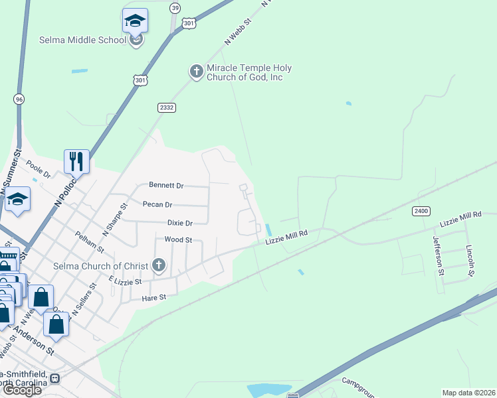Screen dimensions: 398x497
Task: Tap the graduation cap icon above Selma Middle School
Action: tap(136, 21)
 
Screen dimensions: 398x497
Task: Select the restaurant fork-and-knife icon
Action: tap(76, 161)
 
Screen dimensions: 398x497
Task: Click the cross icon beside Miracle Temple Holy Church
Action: tap(196, 71)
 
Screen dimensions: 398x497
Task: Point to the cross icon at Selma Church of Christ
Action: tap(158, 266)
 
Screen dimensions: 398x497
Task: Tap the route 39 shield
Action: tap(175, 7)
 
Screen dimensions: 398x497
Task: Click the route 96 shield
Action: tap(19, 99)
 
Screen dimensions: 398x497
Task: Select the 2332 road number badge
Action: tap(166, 107)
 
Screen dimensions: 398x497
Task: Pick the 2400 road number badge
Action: tap(421, 211)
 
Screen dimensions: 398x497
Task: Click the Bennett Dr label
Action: tap(166, 185)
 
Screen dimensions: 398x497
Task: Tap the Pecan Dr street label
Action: tap(158, 204)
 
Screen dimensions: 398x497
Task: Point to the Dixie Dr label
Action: tap(179, 224)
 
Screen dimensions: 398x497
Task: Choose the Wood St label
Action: tap(178, 239)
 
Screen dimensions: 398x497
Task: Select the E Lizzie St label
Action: tap(126, 281)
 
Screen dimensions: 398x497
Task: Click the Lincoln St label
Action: tap(470, 261)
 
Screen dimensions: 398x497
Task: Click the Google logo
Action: tap(22, 390)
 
